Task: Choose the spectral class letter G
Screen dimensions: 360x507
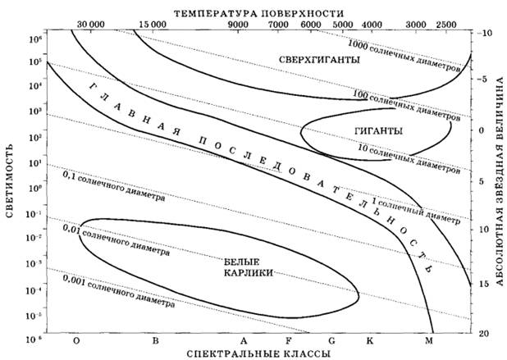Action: [331, 339]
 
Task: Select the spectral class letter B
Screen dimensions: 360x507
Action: [153, 339]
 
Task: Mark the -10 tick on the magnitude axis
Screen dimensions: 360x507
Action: [486, 33]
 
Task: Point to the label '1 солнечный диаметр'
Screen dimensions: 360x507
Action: [416, 212]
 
